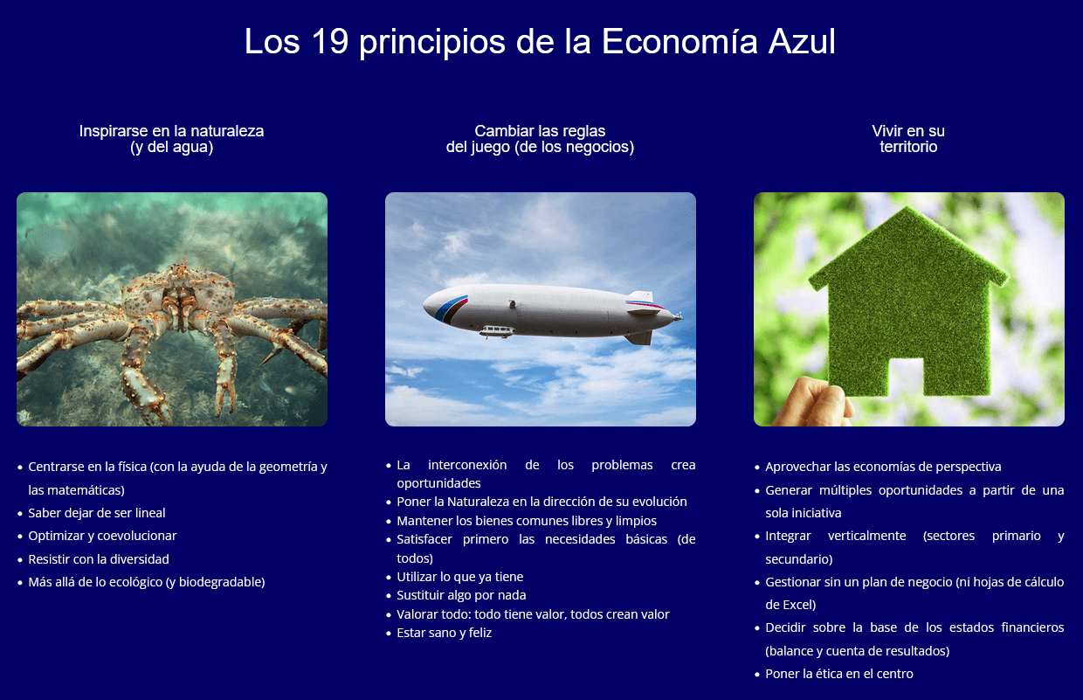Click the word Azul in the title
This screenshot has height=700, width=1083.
pos(801,42)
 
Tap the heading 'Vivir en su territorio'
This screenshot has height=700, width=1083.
pos(908,139)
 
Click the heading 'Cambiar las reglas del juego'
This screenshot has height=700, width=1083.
pos(540,139)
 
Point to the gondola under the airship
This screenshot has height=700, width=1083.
pos(497,331)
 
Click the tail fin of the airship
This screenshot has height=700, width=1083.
pos(640,299)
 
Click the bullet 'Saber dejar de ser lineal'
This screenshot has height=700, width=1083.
pos(97,513)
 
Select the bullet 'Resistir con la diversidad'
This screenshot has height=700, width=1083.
pos(99,558)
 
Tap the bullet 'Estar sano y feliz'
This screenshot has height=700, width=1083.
pos(444,633)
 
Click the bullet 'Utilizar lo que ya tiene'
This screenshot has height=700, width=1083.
pos(459,577)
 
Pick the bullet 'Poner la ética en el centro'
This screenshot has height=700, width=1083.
pos(838,674)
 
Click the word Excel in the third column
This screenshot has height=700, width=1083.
pos(798,604)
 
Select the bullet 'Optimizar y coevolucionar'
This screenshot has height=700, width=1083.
pos(102,536)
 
